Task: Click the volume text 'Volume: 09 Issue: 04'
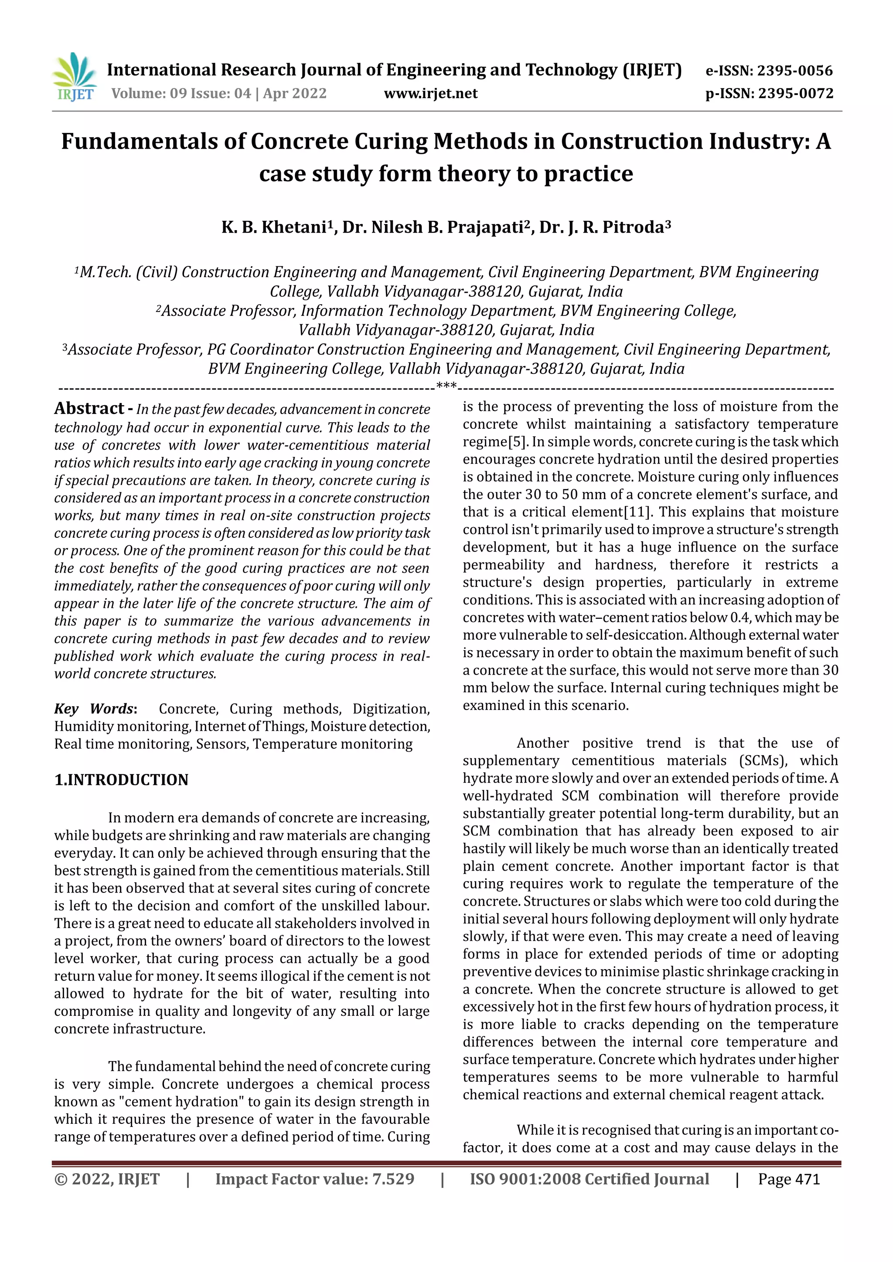(x=181, y=93)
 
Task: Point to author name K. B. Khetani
(x=274, y=227)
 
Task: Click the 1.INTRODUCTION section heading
(x=121, y=780)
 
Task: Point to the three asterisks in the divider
(x=446, y=387)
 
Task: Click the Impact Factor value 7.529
(x=392, y=1179)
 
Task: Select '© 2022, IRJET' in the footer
(x=107, y=1179)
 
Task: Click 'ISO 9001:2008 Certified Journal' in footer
(x=589, y=1179)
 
